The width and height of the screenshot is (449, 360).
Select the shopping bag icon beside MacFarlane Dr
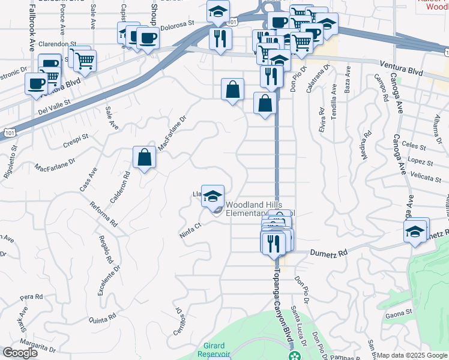point(145,158)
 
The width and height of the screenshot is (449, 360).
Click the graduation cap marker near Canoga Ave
point(415,232)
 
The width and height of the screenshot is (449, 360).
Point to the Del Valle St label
point(54,107)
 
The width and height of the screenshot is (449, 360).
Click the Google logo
point(20,353)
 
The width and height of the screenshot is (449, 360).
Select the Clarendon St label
point(57,44)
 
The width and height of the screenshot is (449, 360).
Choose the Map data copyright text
point(412,355)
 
